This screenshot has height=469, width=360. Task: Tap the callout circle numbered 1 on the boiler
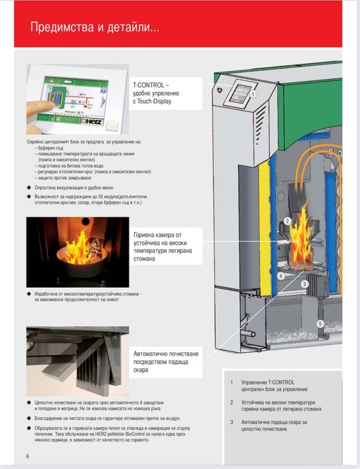point(254,95)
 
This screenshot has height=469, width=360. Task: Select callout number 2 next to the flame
point(287,220)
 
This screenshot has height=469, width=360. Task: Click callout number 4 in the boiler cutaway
point(281,275)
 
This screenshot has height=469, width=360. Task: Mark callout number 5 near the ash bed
point(320,324)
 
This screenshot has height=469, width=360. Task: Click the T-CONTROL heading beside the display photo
point(152,87)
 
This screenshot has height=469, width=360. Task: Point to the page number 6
point(27,456)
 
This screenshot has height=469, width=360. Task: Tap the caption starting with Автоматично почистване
point(165,361)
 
